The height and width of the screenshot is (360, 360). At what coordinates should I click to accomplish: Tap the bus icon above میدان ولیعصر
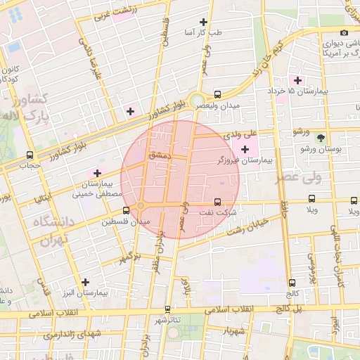(x=217, y=94)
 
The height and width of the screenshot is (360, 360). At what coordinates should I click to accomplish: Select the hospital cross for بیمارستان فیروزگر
(x=245, y=149)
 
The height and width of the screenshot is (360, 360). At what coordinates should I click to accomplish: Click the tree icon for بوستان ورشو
(x=321, y=137)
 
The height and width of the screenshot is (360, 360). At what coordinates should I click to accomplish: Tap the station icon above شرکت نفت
(x=217, y=202)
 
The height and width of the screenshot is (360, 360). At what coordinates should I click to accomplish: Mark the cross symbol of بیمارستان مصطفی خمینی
(x=97, y=173)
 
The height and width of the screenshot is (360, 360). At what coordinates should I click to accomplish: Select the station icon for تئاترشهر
(x=167, y=309)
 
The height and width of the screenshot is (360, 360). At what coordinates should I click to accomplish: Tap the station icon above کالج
(x=292, y=283)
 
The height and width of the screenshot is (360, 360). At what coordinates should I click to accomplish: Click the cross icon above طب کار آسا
(x=203, y=22)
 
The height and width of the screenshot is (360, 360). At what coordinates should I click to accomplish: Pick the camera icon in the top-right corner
(x=344, y=32)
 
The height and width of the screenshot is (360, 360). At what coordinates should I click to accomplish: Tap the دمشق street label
(x=160, y=154)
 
